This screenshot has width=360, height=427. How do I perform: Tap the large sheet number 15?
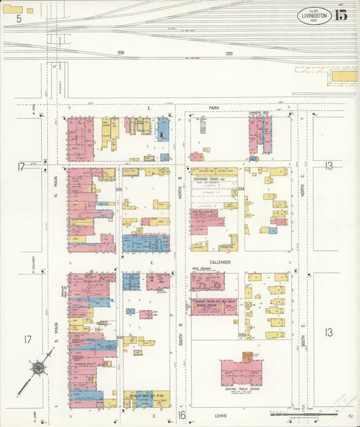click(x=341, y=16)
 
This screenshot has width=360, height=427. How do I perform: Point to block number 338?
click(x=120, y=53)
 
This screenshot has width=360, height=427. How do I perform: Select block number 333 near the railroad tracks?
click(x=229, y=53)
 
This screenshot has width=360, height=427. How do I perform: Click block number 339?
click(x=119, y=190)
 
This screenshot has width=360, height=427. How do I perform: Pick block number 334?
click(x=240, y=190)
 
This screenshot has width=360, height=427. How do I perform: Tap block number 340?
click(x=120, y=337)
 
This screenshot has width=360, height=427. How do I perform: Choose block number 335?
click(x=241, y=334)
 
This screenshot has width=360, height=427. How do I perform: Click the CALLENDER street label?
click(x=220, y=262)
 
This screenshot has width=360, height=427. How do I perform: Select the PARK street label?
click(x=215, y=107)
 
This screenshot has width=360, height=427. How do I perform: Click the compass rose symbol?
click(x=38, y=368)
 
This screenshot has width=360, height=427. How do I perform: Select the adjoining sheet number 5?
click(x=19, y=18)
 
